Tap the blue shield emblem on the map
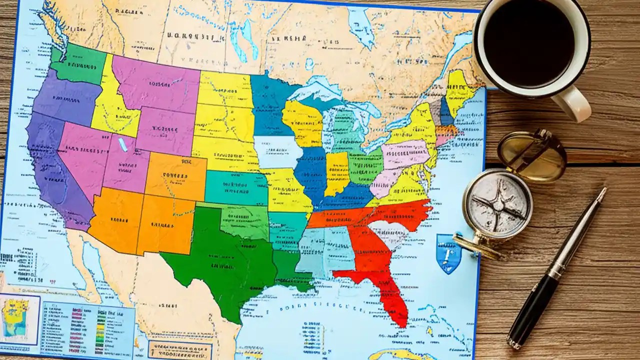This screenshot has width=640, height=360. tap(448, 253)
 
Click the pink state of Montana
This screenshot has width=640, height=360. tap(155, 82)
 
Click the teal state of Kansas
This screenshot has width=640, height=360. tap(235, 187)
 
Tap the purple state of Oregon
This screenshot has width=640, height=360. tap(65, 97)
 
